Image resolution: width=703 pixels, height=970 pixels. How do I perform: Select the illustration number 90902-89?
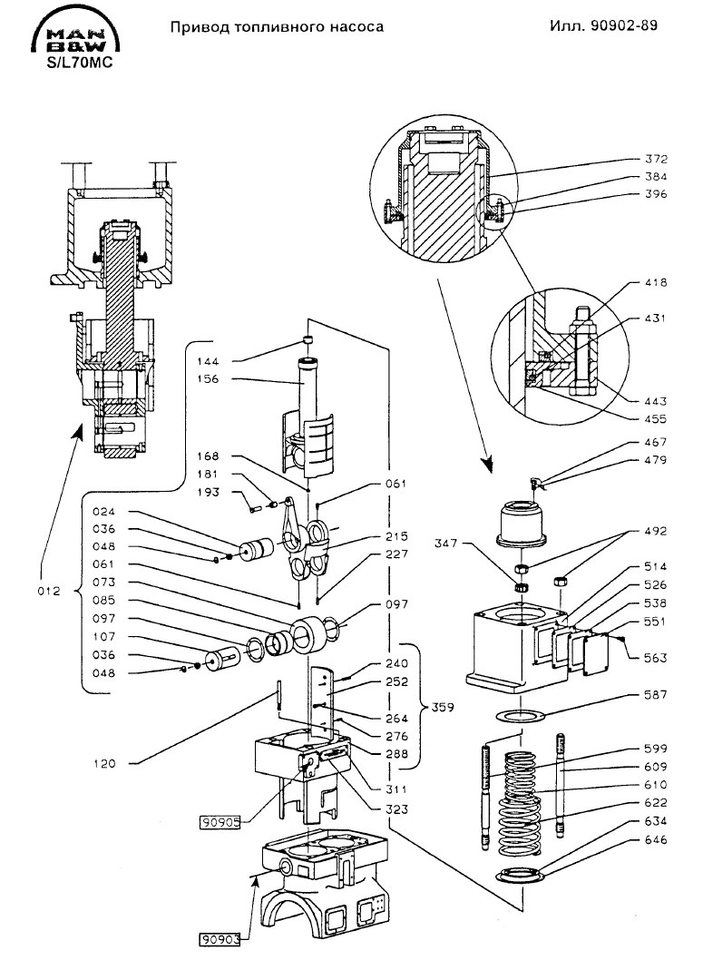tap(623, 25)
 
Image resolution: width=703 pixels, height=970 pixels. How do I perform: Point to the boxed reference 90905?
tap(220, 823)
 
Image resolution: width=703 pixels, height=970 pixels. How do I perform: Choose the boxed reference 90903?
tap(220, 940)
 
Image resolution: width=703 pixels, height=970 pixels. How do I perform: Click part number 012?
tap(49, 591)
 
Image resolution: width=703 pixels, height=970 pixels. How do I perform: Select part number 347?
tap(445, 544)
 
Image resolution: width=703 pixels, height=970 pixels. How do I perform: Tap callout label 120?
tap(104, 764)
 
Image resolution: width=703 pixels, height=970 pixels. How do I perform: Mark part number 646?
tap(656, 839)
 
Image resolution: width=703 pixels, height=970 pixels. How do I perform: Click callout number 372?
tap(656, 159)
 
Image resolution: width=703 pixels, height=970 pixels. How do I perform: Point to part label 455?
tap(656, 419)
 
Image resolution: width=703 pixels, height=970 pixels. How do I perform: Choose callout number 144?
tap(209, 361)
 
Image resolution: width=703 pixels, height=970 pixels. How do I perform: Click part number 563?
tap(656, 658)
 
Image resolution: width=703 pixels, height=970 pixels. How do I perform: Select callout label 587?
tap(656, 695)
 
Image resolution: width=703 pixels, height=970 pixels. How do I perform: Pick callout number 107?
tap(104, 637)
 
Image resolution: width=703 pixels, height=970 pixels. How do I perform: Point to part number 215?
tap(396, 536)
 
